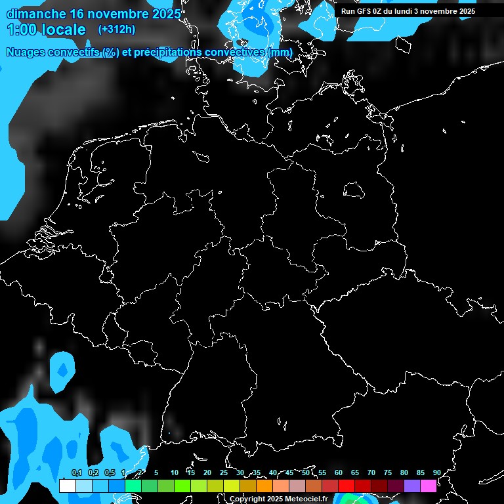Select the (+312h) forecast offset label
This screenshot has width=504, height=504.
tap(117, 30)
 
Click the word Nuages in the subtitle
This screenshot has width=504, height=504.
tap(26, 52)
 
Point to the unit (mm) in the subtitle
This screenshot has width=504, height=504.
tap(280, 52)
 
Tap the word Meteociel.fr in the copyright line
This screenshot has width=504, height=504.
tap(306, 499)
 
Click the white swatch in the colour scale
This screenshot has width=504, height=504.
tap(67, 486)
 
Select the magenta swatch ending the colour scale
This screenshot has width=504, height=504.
tap(429, 486)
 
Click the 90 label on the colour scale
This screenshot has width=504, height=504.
tap(437, 472)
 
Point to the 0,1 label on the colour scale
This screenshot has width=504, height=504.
tap(77, 472)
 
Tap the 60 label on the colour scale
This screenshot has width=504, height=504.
tap(339, 472)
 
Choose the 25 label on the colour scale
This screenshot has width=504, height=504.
tap(224, 472)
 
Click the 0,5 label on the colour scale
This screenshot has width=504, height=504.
tap(110, 472)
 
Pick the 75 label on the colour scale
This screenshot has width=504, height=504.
tap(388, 472)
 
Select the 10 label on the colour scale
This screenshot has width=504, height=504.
tap(175, 472)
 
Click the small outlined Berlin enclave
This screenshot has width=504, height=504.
tap(353, 190)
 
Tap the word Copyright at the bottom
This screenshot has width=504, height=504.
tap(247, 499)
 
